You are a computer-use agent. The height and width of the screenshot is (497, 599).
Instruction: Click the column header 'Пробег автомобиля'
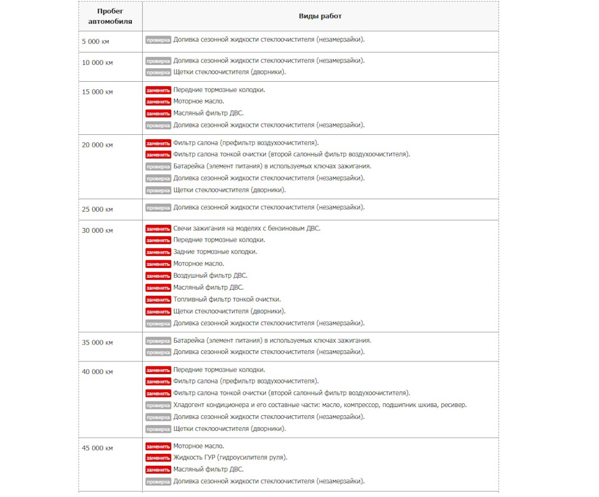pyautogui.click(x=110, y=16)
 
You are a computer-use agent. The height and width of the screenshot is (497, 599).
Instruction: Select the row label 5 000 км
pyautogui.click(x=97, y=41)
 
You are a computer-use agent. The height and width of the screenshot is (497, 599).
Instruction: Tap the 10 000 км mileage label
pyautogui.click(x=97, y=62)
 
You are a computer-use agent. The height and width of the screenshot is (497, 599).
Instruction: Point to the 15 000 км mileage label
pyautogui.click(x=97, y=92)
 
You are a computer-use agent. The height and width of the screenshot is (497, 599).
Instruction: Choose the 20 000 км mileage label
pyautogui.click(x=97, y=145)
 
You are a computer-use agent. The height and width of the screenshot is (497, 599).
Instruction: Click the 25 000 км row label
pyautogui.click(x=97, y=209)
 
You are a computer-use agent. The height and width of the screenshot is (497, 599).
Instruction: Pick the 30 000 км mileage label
pyautogui.click(x=97, y=230)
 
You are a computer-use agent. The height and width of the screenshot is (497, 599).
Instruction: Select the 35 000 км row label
pyautogui.click(x=97, y=342)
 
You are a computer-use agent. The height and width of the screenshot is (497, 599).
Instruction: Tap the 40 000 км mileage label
pyautogui.click(x=97, y=372)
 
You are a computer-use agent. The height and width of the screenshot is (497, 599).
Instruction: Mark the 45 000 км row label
pyautogui.click(x=97, y=448)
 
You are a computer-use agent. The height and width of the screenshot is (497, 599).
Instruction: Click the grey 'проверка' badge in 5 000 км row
pyautogui.click(x=158, y=40)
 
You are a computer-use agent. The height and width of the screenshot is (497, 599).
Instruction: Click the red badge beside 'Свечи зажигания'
pyautogui.click(x=158, y=229)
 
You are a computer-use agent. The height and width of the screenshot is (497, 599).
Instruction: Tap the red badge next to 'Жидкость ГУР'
pyautogui.click(x=158, y=458)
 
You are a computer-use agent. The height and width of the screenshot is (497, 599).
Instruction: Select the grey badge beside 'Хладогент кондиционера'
pyautogui.click(x=158, y=405)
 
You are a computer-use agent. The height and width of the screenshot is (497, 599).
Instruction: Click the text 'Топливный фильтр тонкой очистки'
pyautogui.click(x=226, y=300)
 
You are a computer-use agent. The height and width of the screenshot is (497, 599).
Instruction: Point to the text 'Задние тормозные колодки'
pyautogui.click(x=215, y=252)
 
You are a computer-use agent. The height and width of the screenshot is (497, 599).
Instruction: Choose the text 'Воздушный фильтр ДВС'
pyautogui.click(x=210, y=275)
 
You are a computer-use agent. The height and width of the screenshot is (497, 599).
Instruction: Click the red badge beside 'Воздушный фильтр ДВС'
pyautogui.click(x=158, y=276)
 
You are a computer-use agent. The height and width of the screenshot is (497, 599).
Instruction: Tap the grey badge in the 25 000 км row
pyautogui.click(x=158, y=208)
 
